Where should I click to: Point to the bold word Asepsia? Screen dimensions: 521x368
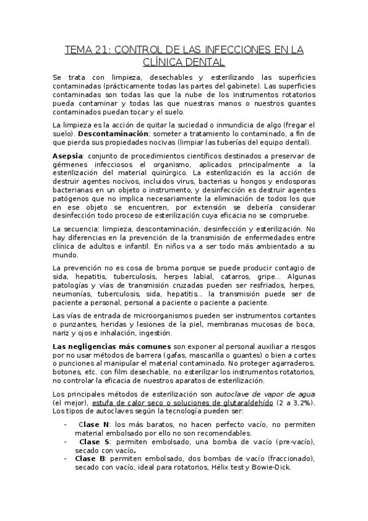(x=68, y=156)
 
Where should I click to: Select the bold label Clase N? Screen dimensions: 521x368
(x=94, y=425)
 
